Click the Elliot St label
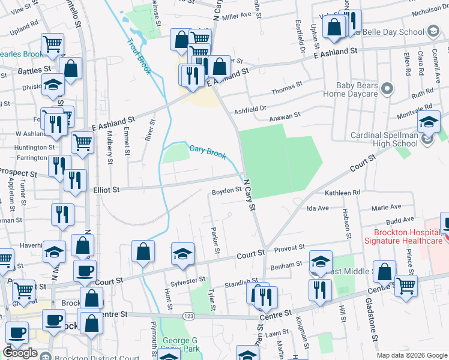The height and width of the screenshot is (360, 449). pyautogui.click(x=106, y=189)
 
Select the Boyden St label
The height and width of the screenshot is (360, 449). pyautogui.click(x=226, y=191)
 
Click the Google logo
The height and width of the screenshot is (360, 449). pyautogui.click(x=20, y=353)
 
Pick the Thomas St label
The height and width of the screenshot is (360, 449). pyautogui.click(x=283, y=89)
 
